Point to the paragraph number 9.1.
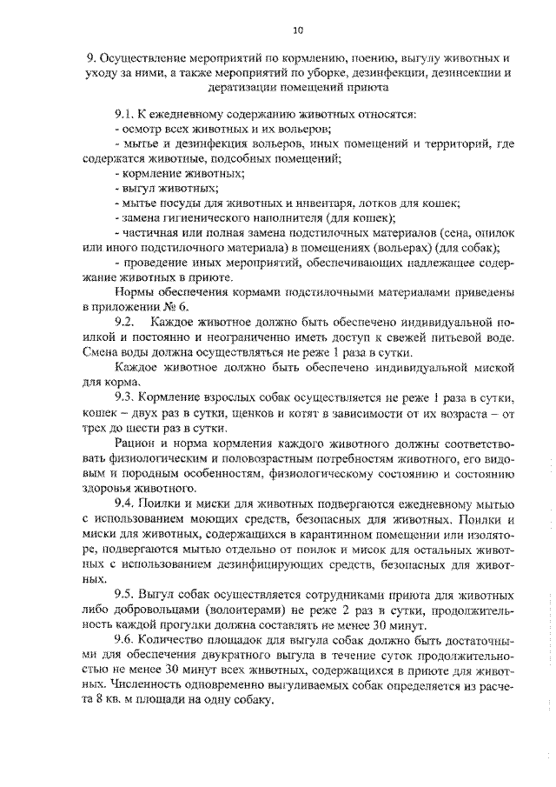[x=127, y=115]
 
